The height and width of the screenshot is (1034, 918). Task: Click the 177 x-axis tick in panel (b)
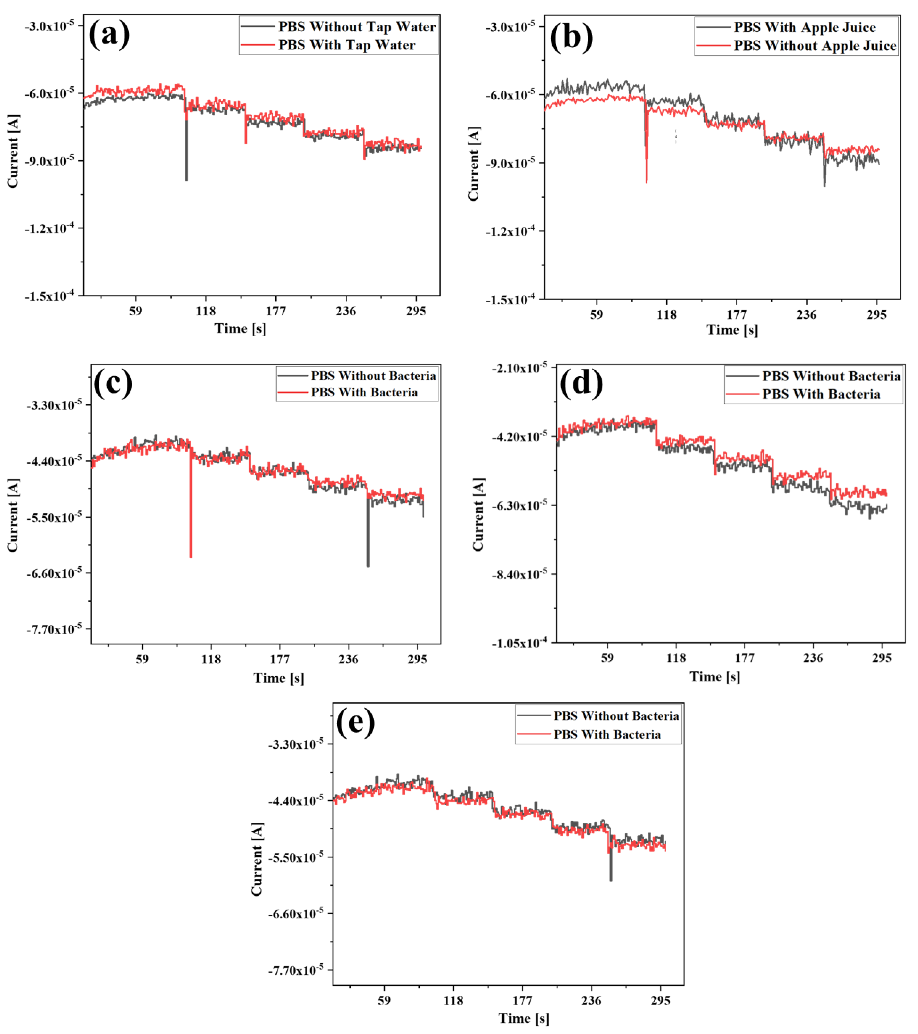point(736,315)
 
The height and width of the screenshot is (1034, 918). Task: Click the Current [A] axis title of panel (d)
point(478,515)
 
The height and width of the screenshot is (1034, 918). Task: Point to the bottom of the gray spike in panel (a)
point(186,180)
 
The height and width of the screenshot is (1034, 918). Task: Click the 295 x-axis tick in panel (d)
point(882,658)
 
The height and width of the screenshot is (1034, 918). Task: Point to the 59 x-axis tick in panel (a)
point(135,311)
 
